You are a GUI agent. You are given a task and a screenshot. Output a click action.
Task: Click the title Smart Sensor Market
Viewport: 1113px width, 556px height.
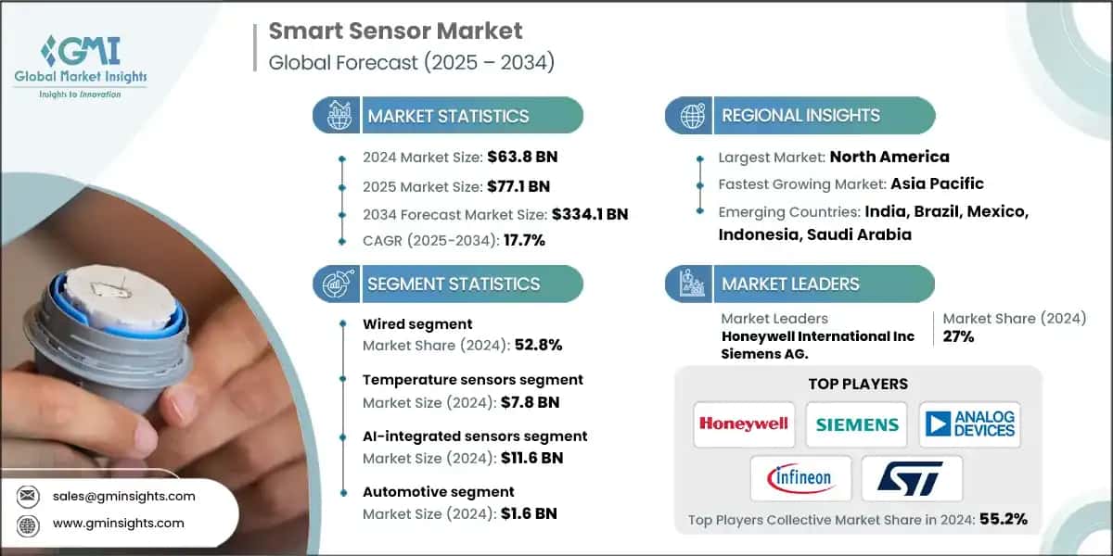tap(395, 31)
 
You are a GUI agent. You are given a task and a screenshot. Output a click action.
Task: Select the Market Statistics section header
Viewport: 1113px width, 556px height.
tap(447, 116)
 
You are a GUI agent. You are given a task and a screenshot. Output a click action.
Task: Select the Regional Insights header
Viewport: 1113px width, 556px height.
tap(800, 116)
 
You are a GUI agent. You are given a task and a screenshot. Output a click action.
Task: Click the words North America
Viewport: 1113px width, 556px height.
tap(889, 157)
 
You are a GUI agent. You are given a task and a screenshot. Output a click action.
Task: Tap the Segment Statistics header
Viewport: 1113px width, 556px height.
tap(453, 284)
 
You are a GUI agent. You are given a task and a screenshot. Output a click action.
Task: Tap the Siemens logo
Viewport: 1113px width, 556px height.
tap(856, 424)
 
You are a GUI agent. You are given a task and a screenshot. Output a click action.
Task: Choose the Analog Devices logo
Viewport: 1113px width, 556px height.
tap(970, 423)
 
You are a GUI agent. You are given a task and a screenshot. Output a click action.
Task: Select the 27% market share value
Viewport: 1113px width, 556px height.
tap(958, 336)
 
